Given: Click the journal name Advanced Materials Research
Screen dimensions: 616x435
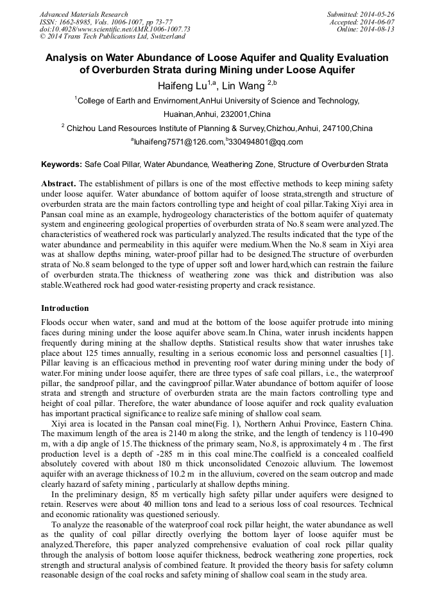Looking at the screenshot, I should coord(83,14).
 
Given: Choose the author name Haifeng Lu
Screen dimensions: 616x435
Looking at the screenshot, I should coord(185,86).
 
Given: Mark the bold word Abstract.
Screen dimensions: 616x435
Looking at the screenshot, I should coord(58,183).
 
